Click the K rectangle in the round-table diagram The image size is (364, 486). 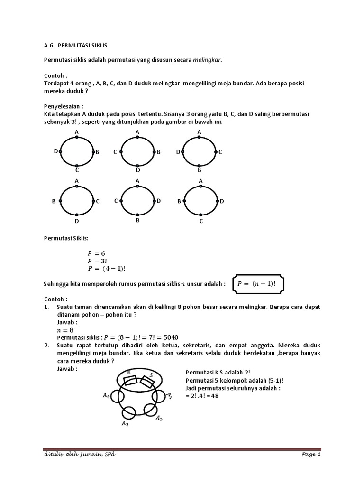pos(130,380)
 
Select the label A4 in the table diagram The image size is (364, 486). pos(107,395)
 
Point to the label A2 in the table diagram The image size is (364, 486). pos(160,418)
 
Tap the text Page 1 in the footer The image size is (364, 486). pos(311,455)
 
